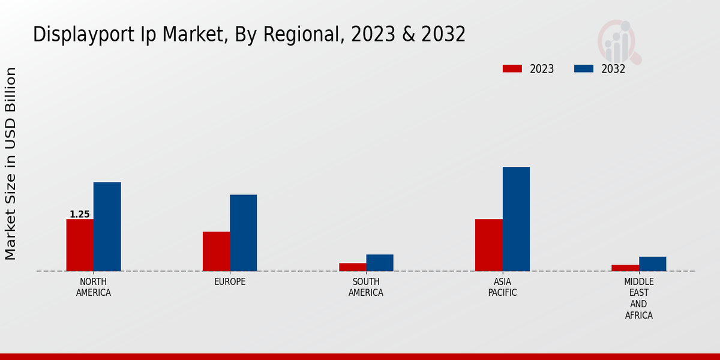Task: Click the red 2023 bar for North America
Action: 80,245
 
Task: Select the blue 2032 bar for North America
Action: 107,226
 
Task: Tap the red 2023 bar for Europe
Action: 216,251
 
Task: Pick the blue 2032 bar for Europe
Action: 243,233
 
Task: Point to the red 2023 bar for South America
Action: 352,267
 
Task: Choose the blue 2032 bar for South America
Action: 380,263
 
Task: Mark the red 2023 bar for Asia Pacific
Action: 488,245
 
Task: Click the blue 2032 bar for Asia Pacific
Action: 516,219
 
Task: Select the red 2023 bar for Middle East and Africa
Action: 625,268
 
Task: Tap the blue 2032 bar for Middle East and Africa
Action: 652,264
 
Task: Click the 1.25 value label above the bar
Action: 80,214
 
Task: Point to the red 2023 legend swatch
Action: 512,68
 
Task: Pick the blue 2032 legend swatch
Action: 583,68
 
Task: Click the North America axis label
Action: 93,287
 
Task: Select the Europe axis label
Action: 230,282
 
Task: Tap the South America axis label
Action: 366,287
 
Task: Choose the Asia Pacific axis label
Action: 502,287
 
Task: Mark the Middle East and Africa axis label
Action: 638,298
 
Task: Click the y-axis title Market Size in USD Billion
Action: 11,163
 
